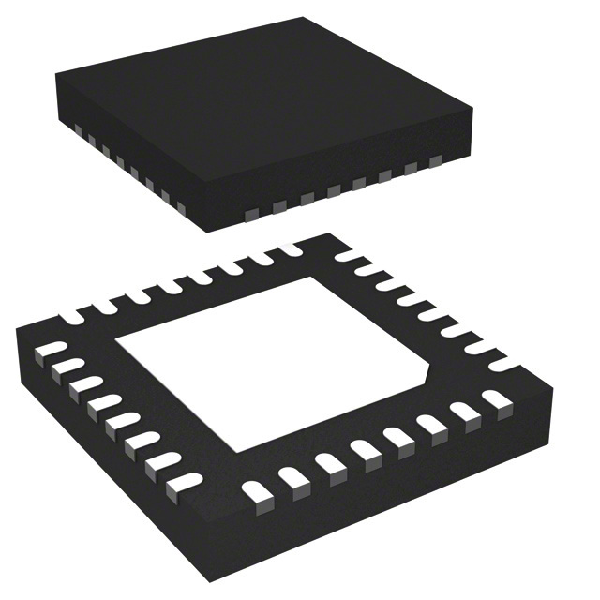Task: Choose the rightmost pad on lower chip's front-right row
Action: point(494,400)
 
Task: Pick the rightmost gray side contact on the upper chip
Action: point(435,162)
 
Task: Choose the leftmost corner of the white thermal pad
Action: point(114,351)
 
